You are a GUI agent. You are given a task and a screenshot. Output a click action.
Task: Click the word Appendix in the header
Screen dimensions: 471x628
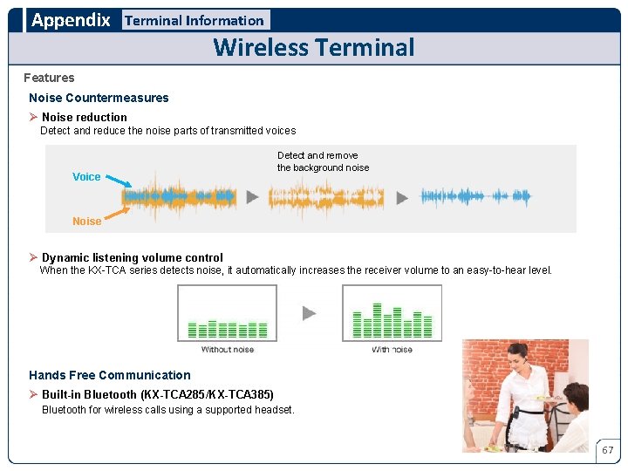(71, 20)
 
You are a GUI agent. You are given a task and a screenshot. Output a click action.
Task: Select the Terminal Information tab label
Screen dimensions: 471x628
(195, 20)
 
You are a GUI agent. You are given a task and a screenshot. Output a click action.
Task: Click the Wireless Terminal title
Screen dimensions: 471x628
(314, 47)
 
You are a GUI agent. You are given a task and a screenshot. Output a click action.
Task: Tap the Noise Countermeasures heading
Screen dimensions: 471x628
(99, 98)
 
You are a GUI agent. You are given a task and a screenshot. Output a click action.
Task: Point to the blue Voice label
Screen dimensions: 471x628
(86, 176)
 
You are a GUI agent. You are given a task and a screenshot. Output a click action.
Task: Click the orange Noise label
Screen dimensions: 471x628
(86, 222)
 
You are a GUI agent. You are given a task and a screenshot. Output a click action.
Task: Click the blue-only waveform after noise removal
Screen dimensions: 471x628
(475, 196)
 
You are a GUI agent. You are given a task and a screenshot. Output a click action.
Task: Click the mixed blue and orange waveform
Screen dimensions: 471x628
(179, 197)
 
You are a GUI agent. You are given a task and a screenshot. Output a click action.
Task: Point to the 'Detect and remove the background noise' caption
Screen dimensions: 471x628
(323, 161)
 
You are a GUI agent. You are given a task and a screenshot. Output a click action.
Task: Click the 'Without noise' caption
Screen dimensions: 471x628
(228, 350)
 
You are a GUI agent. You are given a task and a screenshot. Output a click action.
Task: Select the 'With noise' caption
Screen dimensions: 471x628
(392, 350)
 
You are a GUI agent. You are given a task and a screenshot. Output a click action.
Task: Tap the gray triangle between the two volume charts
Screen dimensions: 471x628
(310, 312)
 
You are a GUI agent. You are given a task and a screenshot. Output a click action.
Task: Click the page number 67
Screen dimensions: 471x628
(608, 450)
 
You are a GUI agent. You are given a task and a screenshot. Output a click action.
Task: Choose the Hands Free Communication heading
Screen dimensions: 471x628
(109, 375)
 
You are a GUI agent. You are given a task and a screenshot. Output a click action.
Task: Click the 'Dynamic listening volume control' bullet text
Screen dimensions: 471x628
(132, 257)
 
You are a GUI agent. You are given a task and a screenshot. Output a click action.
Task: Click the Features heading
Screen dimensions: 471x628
(49, 78)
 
